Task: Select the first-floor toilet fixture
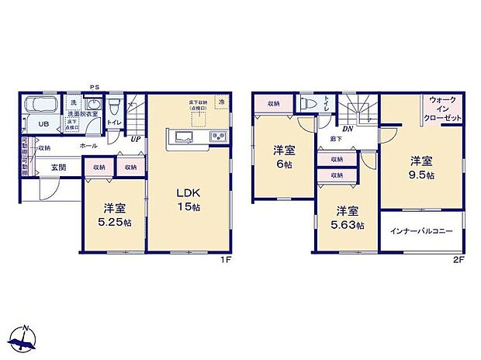pos(113,106)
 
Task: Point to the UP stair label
pos(136,140)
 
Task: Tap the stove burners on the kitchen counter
pos(216,138)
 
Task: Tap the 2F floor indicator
pos(457,259)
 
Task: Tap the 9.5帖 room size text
pos(422,176)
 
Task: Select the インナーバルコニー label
pos(420,230)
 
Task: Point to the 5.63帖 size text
pos(347,223)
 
